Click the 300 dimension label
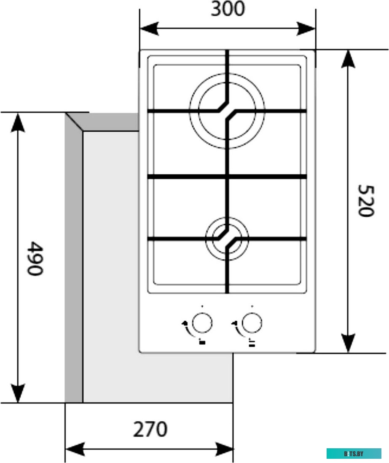coord(227,9)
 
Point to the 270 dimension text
coord(150,429)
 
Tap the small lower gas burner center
coord(227,238)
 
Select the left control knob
coord(202,323)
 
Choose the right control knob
coord(252,323)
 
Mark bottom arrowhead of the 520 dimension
coord(348,343)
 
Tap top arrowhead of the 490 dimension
coord(18,122)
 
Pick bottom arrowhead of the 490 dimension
coord(18,394)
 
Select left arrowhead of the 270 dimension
coord(75,449)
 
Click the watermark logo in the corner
coord(354,453)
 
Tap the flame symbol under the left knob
coord(202,342)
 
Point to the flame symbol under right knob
coord(252,342)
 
